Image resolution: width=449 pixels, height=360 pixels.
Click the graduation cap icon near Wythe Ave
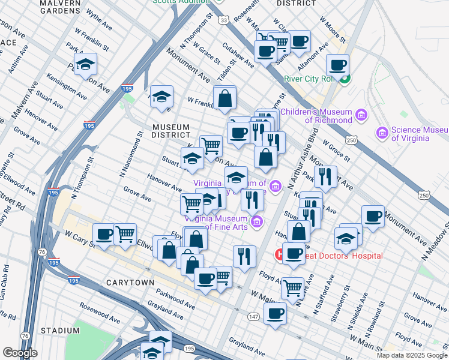point(86,64)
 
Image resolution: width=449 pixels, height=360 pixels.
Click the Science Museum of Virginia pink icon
point(382,133)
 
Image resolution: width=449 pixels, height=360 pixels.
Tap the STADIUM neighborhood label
point(60,331)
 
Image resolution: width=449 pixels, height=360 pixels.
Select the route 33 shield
point(223,20)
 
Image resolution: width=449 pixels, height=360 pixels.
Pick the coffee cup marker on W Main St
point(276,313)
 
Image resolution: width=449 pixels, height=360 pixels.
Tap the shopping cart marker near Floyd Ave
point(292,287)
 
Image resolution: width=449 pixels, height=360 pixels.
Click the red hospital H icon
point(280,255)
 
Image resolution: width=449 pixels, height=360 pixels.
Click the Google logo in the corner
point(20,353)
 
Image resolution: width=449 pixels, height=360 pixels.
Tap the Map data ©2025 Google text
point(411,355)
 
